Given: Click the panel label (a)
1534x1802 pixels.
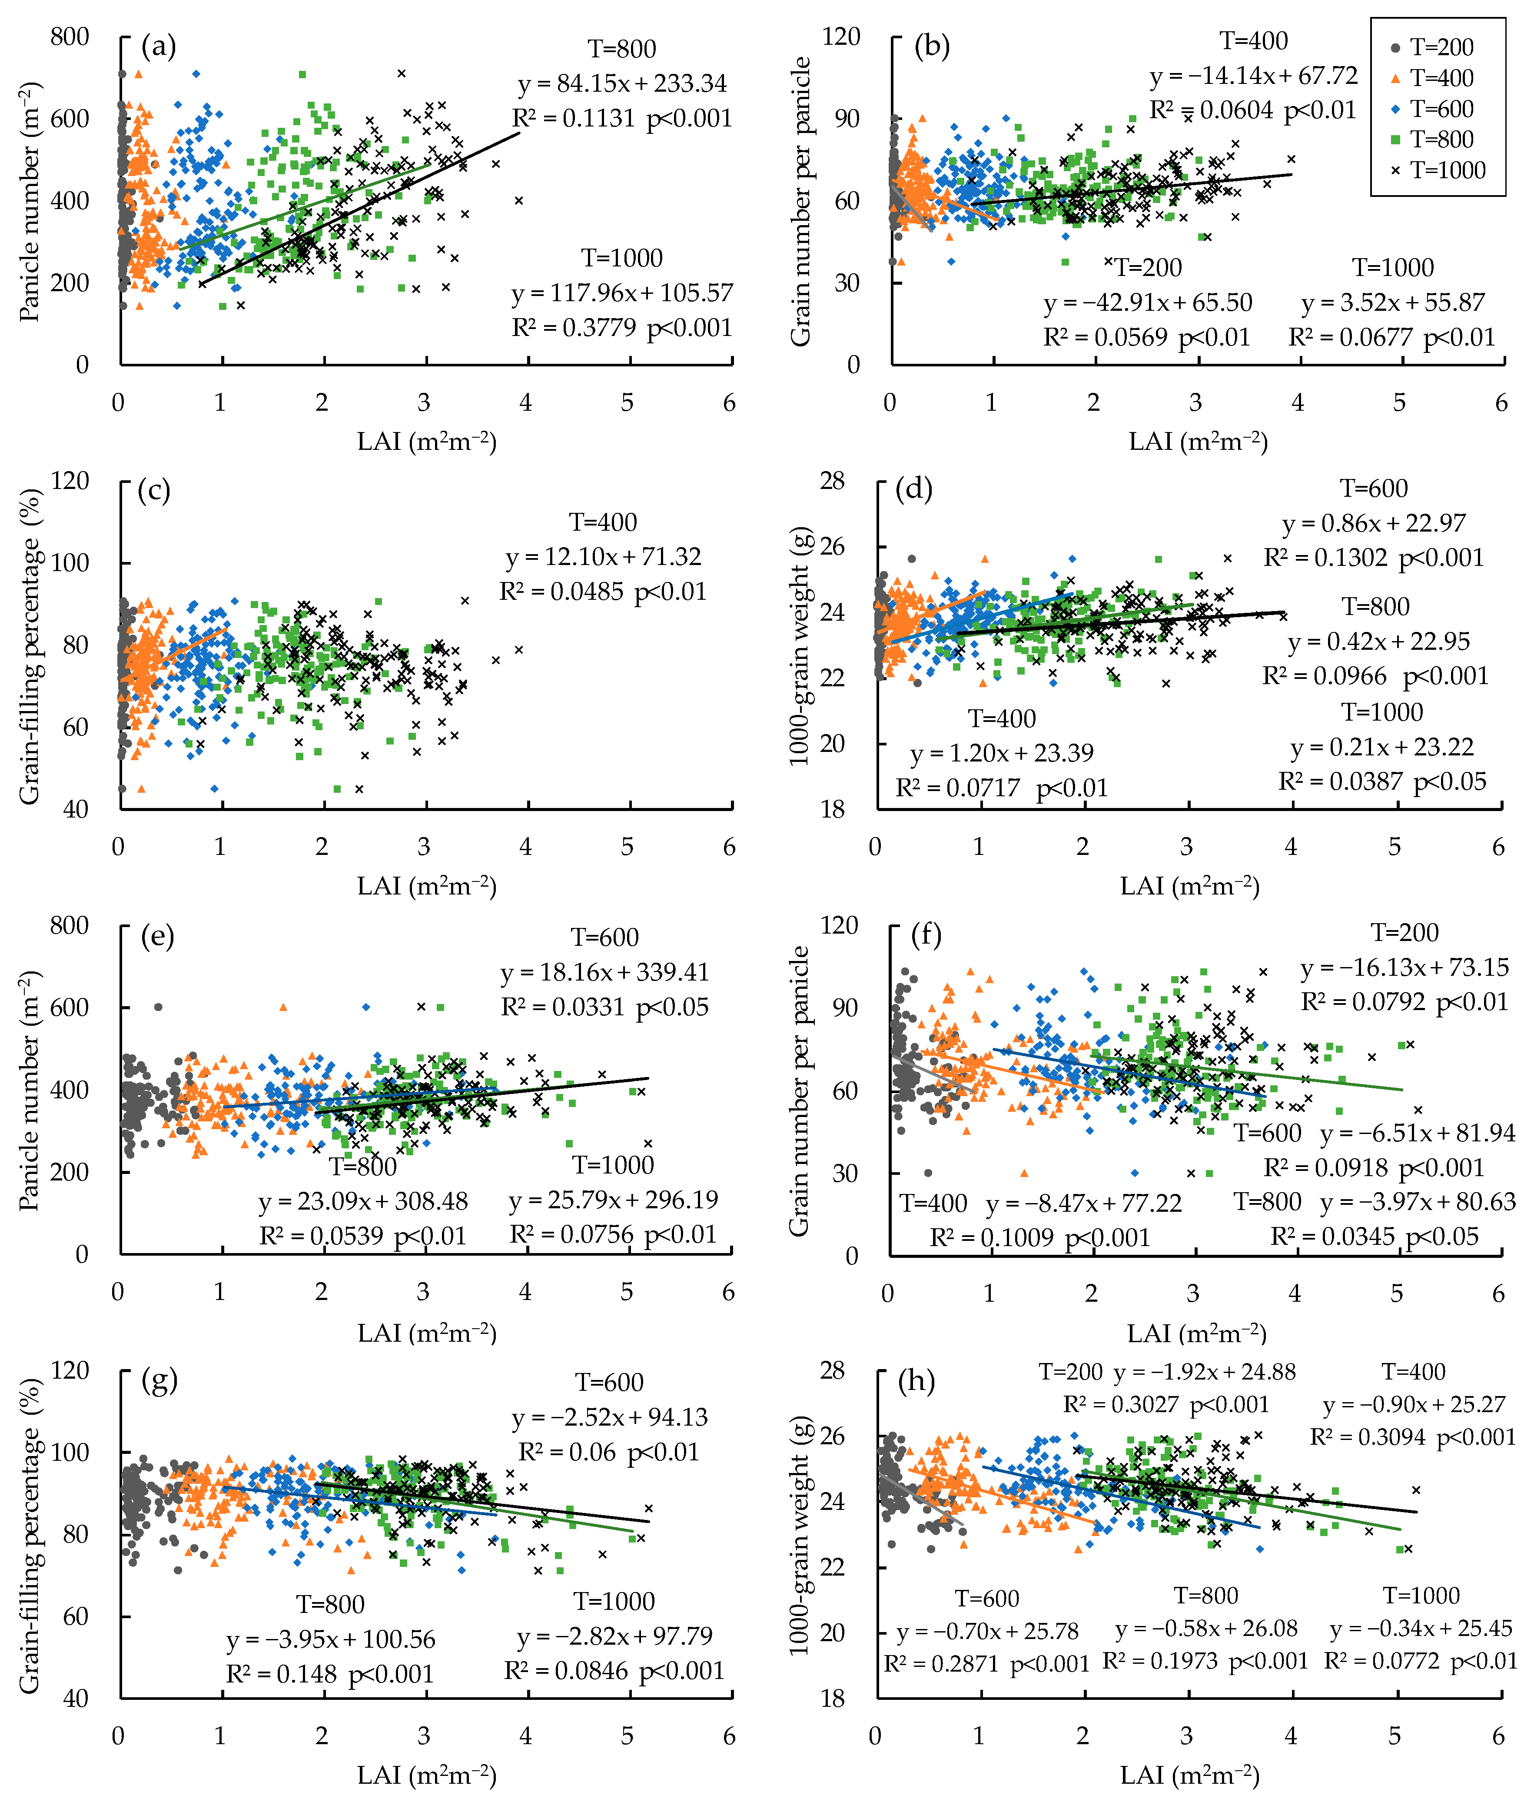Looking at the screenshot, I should pos(158,46).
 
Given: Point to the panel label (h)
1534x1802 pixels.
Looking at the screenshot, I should pos(916,1382).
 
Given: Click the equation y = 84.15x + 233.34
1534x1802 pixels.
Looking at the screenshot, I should pos(623,83).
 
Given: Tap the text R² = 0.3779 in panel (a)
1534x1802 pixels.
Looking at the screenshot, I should pos(574,328).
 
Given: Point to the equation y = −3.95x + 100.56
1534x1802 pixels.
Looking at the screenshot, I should pos(330,1639).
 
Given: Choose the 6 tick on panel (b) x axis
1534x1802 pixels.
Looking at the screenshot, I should pos(1501,402).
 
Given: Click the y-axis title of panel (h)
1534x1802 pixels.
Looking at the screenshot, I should pos(800,1535).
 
